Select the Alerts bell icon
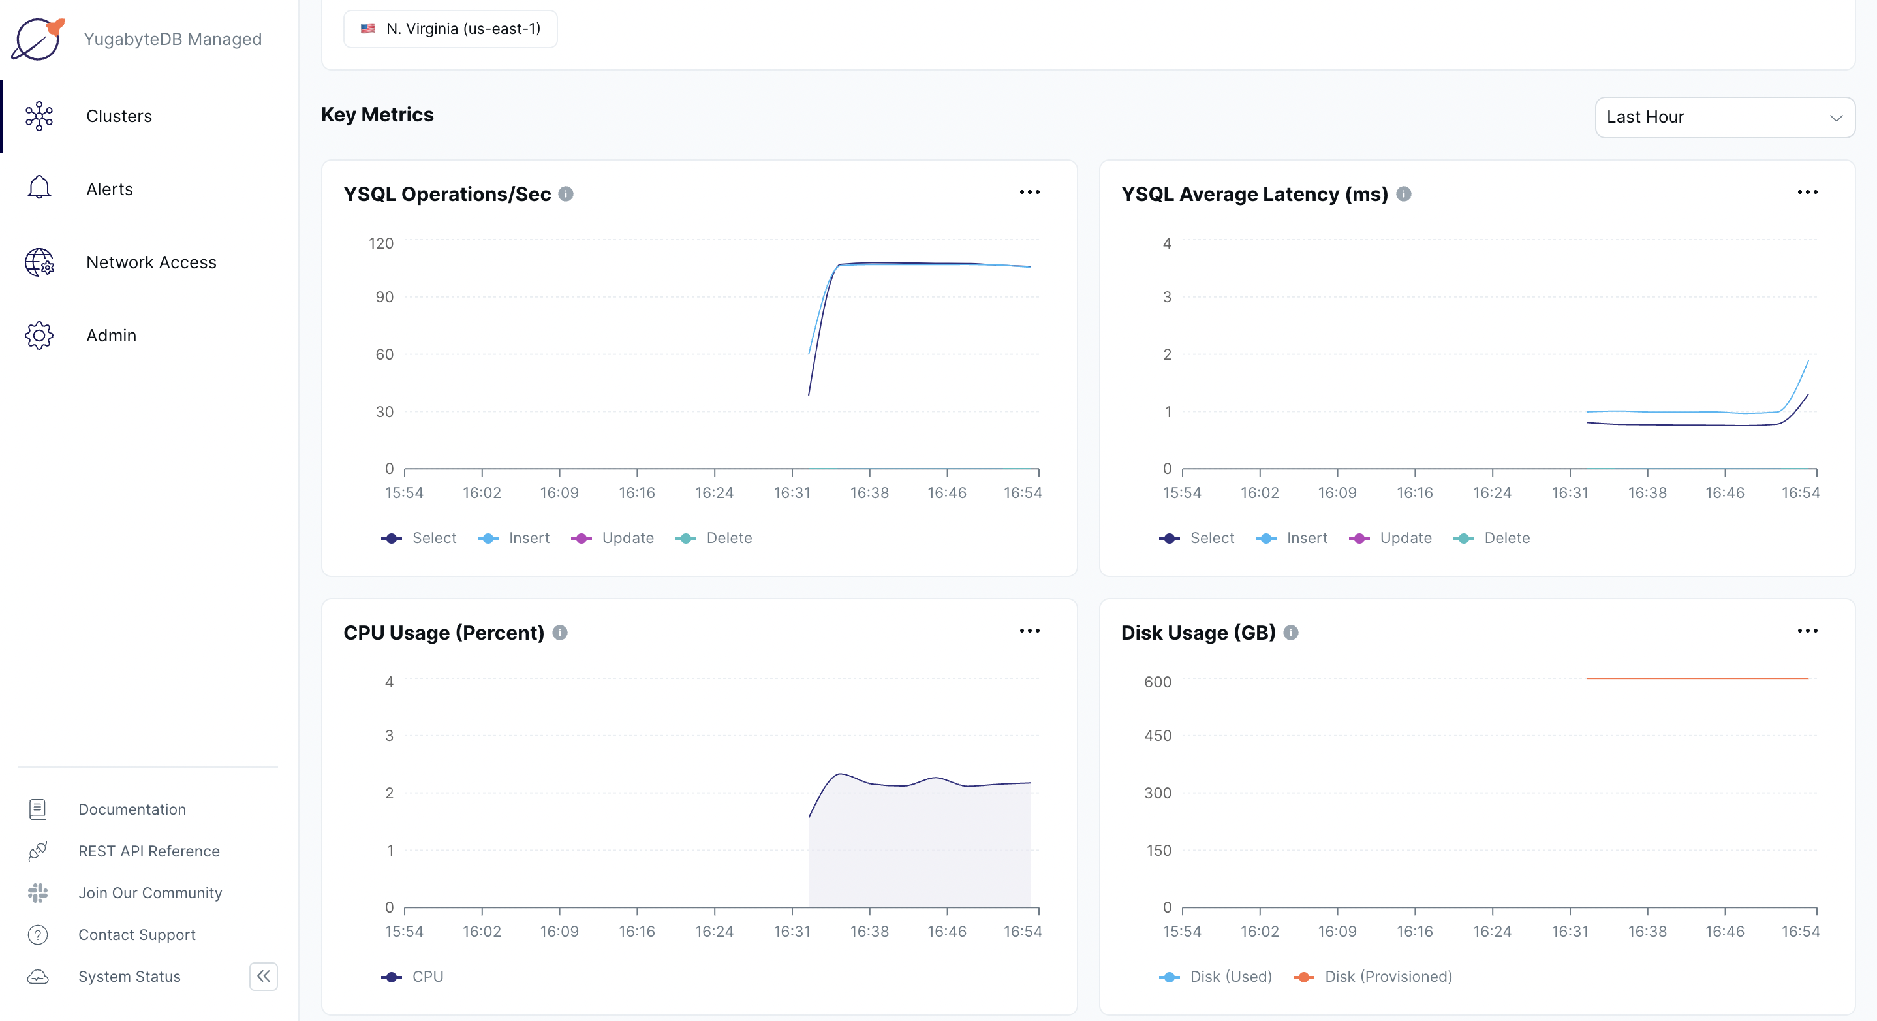point(39,188)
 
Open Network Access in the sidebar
point(151,262)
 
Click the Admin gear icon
point(39,336)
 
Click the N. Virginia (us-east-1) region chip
point(450,29)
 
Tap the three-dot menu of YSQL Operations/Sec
point(1029,193)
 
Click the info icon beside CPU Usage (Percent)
point(559,633)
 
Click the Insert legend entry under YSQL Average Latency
point(1293,538)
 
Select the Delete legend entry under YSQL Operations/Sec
point(715,538)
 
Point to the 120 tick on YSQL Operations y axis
point(380,243)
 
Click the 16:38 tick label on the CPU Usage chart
point(869,932)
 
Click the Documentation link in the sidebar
point(132,809)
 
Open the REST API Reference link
point(149,851)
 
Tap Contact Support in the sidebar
point(137,934)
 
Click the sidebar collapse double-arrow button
point(263,976)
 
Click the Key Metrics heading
point(377,114)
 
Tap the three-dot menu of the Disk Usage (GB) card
point(1807,631)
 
